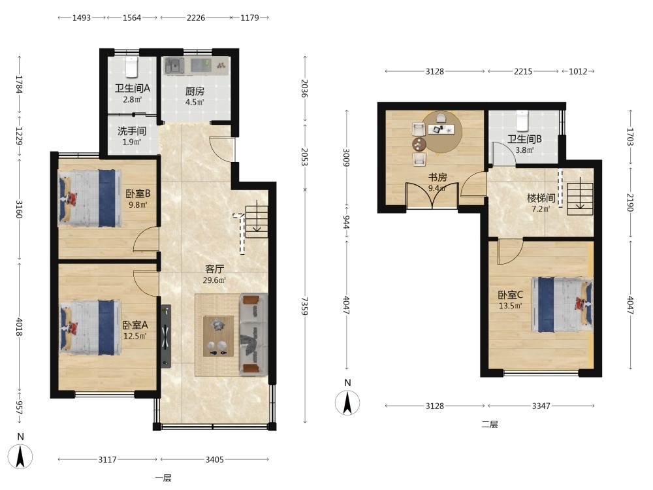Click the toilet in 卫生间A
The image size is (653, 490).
point(132,67)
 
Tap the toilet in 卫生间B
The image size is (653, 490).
point(522,120)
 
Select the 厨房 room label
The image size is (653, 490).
point(195,91)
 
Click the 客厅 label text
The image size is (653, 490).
point(214,269)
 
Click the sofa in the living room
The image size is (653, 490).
point(253,334)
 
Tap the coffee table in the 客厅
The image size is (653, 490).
point(218,336)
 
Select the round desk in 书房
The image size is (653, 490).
point(441,131)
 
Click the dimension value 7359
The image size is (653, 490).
point(304,306)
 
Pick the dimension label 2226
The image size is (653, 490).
point(196,18)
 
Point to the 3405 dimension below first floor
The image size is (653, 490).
point(214,459)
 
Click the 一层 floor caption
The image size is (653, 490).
point(163,478)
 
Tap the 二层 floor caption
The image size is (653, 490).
point(490,424)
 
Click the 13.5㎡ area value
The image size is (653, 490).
point(510,306)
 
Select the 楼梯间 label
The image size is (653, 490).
point(541,198)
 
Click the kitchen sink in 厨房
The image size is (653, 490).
point(174,66)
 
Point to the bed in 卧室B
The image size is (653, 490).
point(89,198)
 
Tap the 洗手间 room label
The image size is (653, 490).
point(132,131)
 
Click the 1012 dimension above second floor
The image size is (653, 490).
point(578,71)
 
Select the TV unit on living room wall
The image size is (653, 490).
point(166,336)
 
